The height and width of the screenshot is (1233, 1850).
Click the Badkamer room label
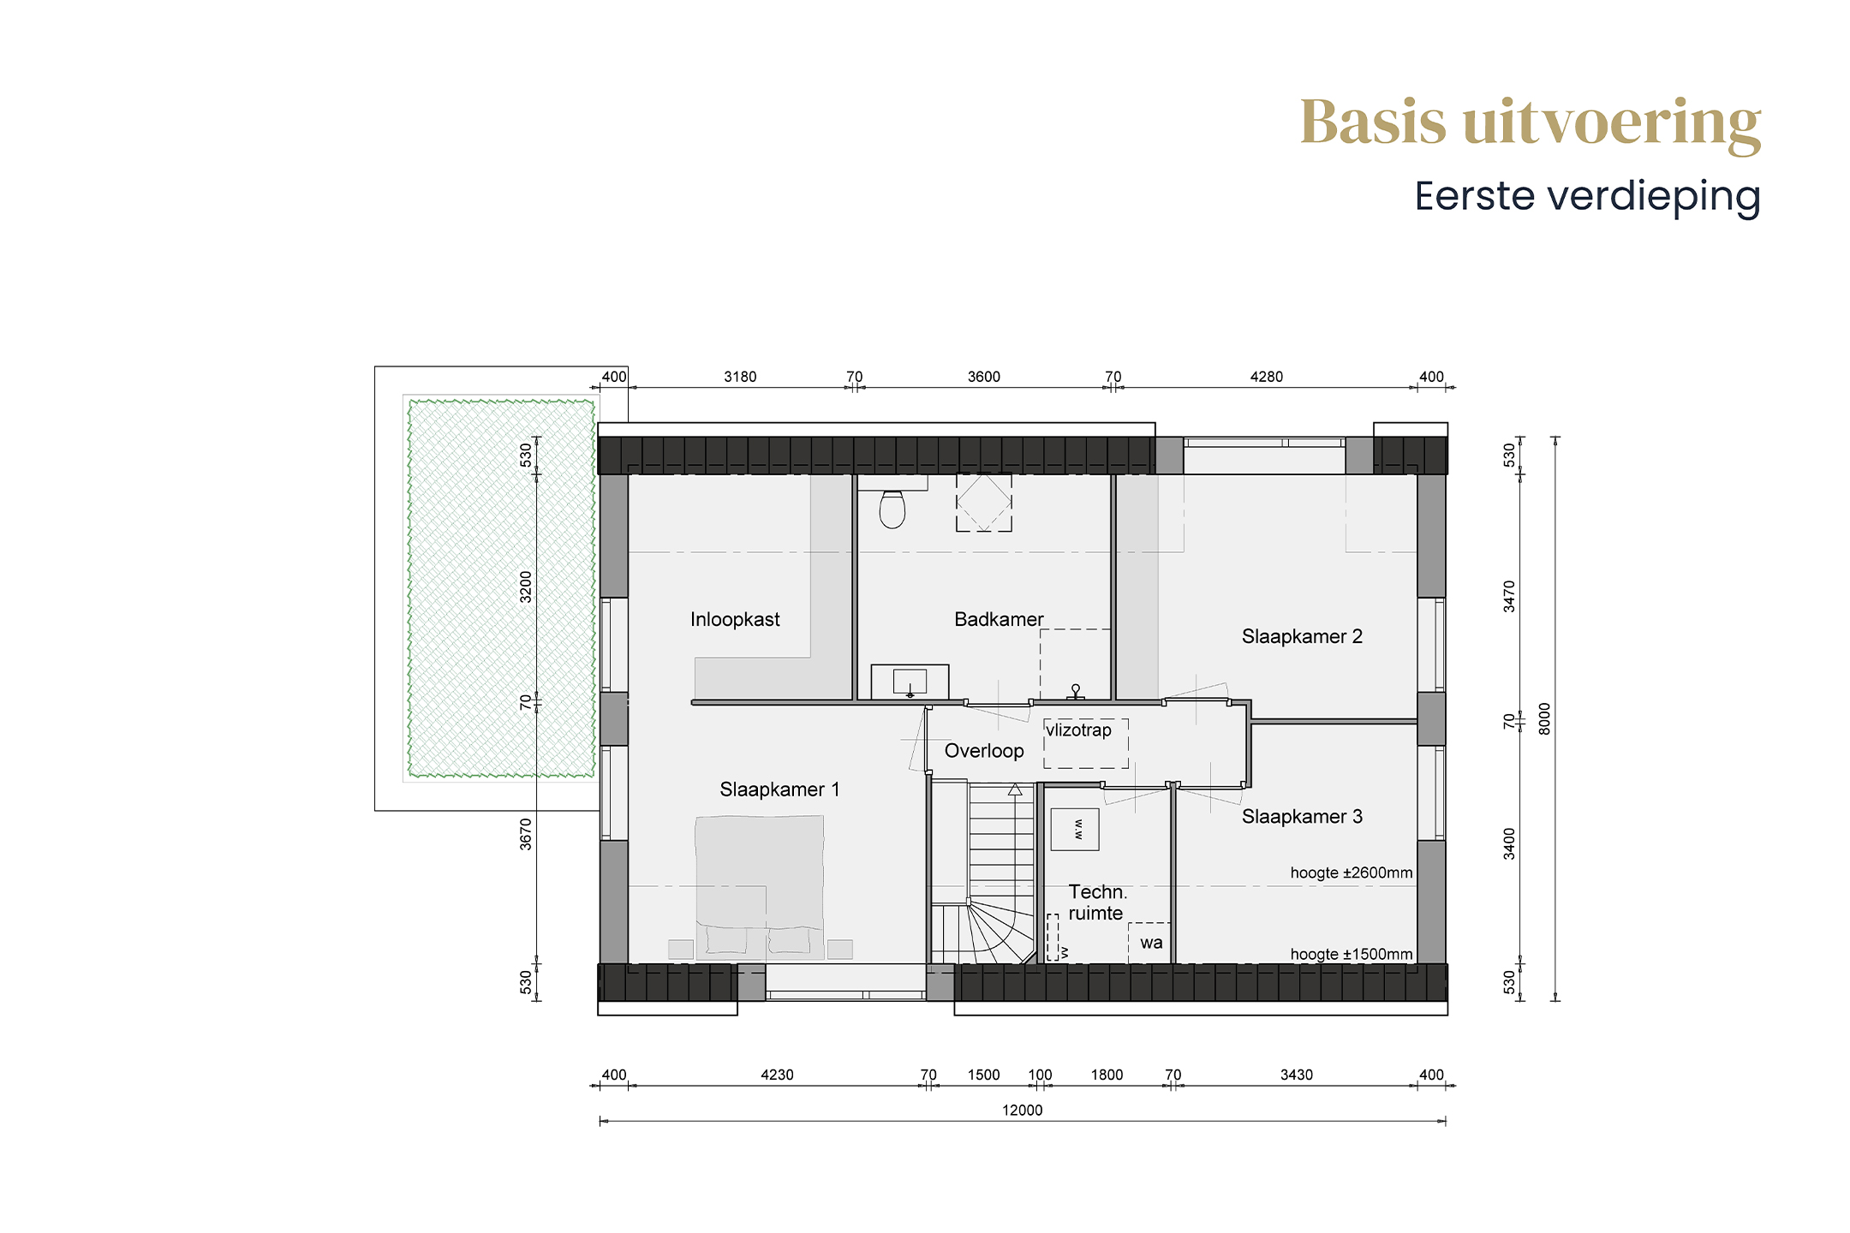pyautogui.click(x=999, y=619)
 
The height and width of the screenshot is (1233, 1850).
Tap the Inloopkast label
pyautogui.click(x=735, y=619)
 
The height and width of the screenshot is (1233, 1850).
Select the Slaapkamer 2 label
pyautogui.click(x=1302, y=636)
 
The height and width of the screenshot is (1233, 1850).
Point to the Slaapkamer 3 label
pyautogui.click(x=1302, y=816)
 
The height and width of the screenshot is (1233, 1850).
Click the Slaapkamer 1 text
pyautogui.click(x=779, y=789)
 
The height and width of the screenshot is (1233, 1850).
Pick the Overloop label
pyautogui.click(x=984, y=751)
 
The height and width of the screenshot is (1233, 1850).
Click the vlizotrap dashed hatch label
pyautogui.click(x=1078, y=730)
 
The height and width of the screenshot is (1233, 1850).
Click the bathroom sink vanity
pyautogui.click(x=910, y=682)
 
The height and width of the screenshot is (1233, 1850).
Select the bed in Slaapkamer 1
pyautogui.click(x=760, y=887)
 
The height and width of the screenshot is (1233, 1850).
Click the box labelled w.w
pyautogui.click(x=1075, y=829)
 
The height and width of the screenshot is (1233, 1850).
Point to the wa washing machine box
pyautogui.click(x=1149, y=942)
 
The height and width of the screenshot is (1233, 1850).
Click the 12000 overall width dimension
pyautogui.click(x=1023, y=1111)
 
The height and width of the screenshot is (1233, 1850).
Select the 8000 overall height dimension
pyautogui.click(x=1544, y=718)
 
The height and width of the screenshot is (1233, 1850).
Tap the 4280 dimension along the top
pyautogui.click(x=1267, y=377)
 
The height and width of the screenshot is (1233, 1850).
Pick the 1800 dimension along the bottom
pyautogui.click(x=1107, y=1075)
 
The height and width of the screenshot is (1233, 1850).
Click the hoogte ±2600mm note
pyautogui.click(x=1352, y=873)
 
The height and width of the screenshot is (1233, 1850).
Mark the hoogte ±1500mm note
pyautogui.click(x=1352, y=955)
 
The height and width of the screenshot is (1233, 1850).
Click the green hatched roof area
pyautogui.click(x=501, y=588)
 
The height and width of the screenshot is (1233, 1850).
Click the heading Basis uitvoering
pyautogui.click(x=1531, y=124)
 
